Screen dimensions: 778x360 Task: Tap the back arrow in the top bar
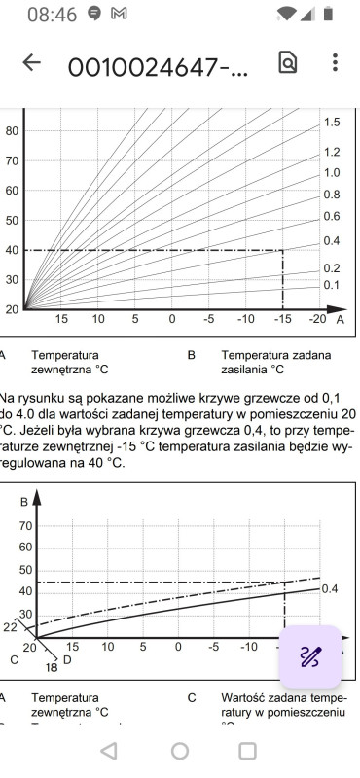[x=32, y=63]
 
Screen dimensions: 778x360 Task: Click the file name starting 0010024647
[x=158, y=65]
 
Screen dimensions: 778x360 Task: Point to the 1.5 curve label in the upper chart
[x=332, y=123]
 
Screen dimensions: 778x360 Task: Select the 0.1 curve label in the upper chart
[x=332, y=285]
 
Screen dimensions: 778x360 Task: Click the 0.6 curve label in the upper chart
[x=332, y=216]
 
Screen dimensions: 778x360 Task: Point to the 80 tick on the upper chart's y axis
[x=13, y=130]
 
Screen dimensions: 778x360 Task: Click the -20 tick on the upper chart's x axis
[x=317, y=319]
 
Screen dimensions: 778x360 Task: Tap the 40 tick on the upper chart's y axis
[x=13, y=250]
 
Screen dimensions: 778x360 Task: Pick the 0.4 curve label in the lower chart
[x=329, y=589]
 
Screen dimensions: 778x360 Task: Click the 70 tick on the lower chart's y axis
[x=25, y=525]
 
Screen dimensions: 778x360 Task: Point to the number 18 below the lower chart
[x=52, y=667]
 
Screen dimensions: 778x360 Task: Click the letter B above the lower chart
[x=23, y=502]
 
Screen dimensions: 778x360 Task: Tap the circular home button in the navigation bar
[x=180, y=751]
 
